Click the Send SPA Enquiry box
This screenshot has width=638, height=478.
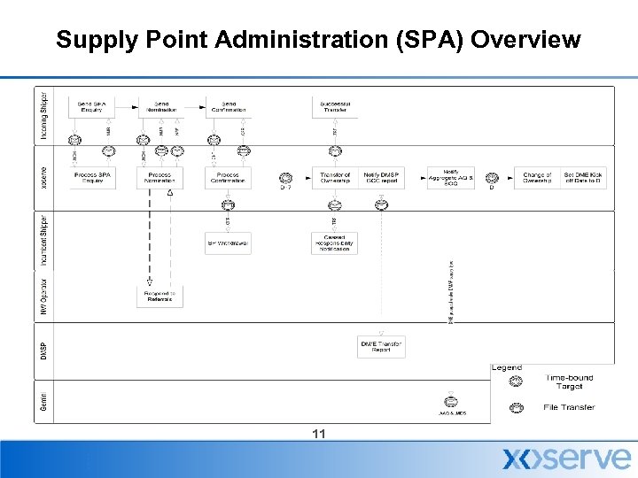[92, 107]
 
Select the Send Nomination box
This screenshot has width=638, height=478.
[161, 107]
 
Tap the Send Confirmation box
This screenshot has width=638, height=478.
[229, 107]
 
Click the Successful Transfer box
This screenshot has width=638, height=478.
[335, 107]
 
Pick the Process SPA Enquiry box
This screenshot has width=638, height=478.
[92, 178]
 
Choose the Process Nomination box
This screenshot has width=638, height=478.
[160, 178]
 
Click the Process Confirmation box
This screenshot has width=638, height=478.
[228, 178]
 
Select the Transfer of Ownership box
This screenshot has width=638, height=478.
[335, 178]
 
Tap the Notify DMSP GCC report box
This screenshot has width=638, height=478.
[382, 178]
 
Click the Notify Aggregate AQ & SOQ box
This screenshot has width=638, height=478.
[450, 178]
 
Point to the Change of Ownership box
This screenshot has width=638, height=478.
[537, 178]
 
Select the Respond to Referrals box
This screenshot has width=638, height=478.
[160, 296]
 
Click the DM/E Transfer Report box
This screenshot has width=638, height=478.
[382, 346]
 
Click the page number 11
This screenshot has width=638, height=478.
[320, 433]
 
